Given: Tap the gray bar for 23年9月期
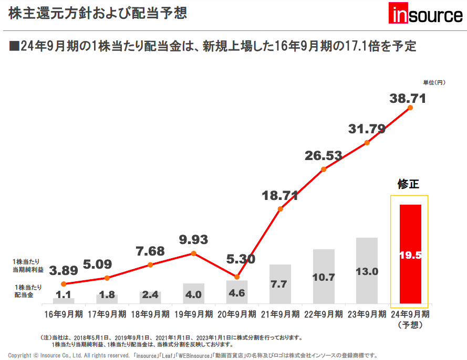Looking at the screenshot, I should (x=367, y=270).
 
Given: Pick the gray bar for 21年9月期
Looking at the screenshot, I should (x=280, y=283).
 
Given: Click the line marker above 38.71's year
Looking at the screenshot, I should (x=410, y=108).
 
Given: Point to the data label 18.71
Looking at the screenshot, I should (x=280, y=196).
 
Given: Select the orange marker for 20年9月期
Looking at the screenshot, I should (x=237, y=277).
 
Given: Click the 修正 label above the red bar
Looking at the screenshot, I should (x=409, y=184).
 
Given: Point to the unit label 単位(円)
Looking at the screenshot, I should (x=434, y=82).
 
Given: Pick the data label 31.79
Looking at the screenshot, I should (x=367, y=129).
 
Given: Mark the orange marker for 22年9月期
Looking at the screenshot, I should (x=324, y=169).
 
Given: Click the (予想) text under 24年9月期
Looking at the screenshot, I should (x=410, y=324).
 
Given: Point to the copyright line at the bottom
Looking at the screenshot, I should (x=192, y=355).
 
